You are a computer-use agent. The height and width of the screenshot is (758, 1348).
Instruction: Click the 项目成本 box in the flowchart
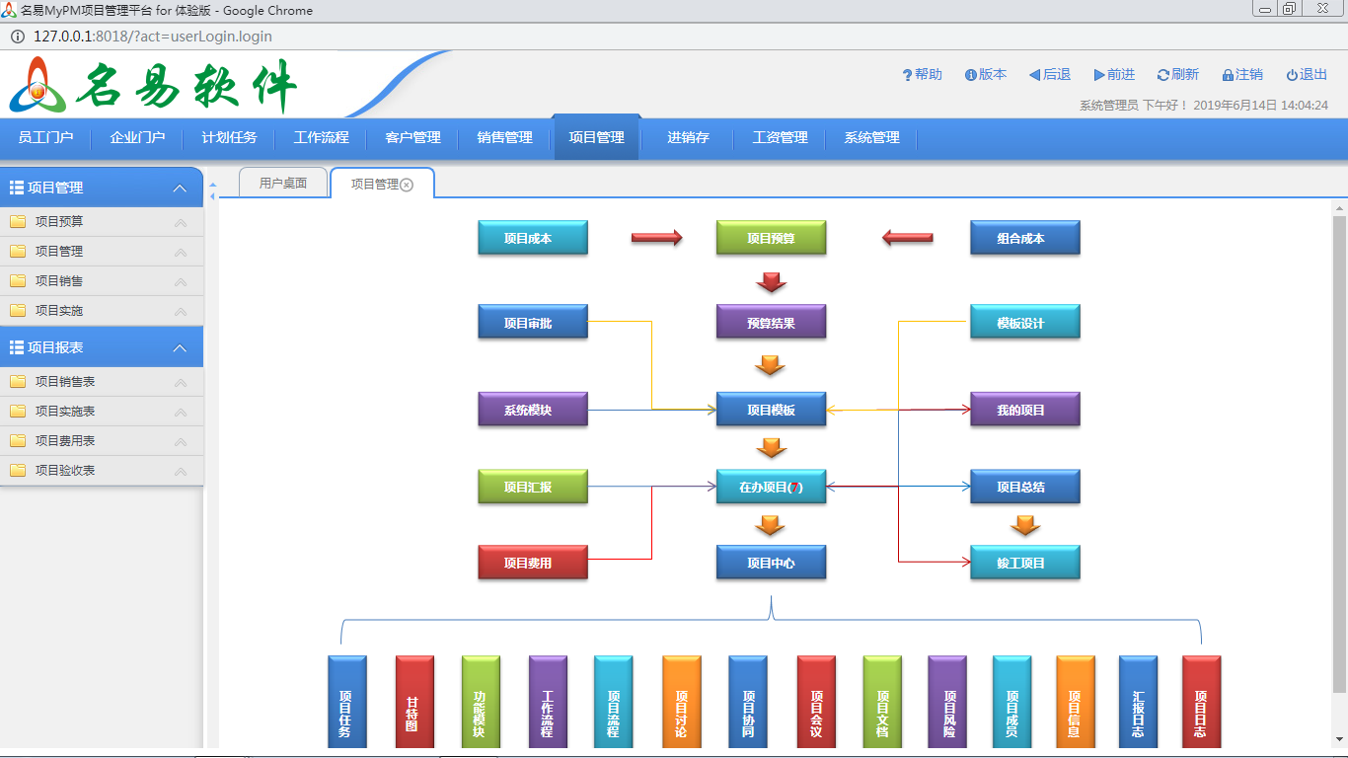coord(532,238)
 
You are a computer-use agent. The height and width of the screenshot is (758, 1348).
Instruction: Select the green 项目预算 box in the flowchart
coord(771,238)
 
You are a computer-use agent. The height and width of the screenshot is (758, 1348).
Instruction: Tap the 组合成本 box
coord(1024,238)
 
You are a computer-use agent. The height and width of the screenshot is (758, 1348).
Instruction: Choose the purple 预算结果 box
coord(771,322)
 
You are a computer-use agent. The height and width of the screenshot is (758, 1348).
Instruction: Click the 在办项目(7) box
coord(771,487)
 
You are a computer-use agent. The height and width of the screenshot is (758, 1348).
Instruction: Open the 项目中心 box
coord(771,563)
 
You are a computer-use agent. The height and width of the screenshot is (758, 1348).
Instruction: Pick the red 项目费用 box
coord(532,563)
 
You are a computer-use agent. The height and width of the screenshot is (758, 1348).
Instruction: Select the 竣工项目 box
coord(1024,563)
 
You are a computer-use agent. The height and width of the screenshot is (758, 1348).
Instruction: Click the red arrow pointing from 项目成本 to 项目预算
coord(656,238)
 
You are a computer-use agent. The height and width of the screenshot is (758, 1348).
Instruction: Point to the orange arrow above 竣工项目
coord(1025,526)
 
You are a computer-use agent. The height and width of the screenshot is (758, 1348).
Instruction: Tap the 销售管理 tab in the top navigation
coord(504,138)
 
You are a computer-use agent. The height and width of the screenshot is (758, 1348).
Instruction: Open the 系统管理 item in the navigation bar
coord(871,138)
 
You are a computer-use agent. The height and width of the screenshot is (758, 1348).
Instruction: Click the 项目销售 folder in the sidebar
coord(59,281)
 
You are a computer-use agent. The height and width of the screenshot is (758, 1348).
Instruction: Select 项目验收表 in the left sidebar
coord(65,471)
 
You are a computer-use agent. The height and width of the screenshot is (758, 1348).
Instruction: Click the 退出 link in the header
coord(1308,75)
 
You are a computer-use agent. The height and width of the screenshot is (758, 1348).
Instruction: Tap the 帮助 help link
coord(923,75)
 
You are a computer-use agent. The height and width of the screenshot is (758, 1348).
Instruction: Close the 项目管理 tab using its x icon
coord(407,185)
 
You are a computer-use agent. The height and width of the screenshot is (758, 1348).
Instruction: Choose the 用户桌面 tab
coord(283,184)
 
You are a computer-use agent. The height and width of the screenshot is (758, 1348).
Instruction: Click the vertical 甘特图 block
coord(414,702)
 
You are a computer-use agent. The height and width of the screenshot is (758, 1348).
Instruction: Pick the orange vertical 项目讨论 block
coord(681,702)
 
